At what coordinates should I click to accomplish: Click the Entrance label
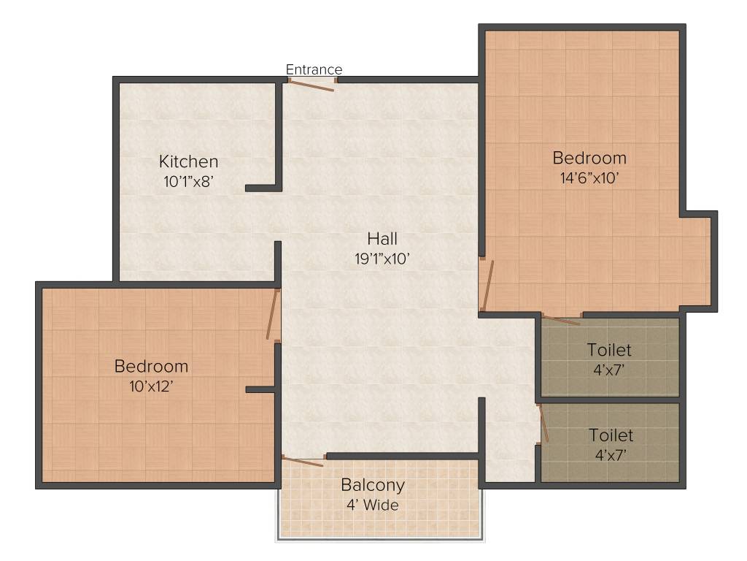pos(314,69)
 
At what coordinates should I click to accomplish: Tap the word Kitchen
pos(189,161)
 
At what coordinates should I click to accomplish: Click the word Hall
pos(382,238)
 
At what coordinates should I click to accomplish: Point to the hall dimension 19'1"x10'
pos(383,258)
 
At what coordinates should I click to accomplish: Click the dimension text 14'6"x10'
pos(589,177)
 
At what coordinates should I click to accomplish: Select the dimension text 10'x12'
pos(151,386)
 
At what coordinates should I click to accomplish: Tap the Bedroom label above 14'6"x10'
pos(589,158)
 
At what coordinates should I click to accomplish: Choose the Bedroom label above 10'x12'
pos(151,366)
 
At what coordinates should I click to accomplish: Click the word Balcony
pos(373,485)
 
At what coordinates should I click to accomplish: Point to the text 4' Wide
pos(373,505)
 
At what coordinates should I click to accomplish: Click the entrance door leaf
pos(311,85)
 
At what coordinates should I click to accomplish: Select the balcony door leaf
pos(303,462)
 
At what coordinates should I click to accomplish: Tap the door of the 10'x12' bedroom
pos(273,315)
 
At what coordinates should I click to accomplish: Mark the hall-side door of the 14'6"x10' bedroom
pos(487,286)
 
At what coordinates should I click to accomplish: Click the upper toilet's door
pos(561,319)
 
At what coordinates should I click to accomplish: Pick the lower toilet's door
pos(543,424)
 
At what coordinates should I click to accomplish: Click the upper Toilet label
pos(609,351)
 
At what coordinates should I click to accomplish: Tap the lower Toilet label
pos(611,435)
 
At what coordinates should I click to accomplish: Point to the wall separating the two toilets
pos(609,400)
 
